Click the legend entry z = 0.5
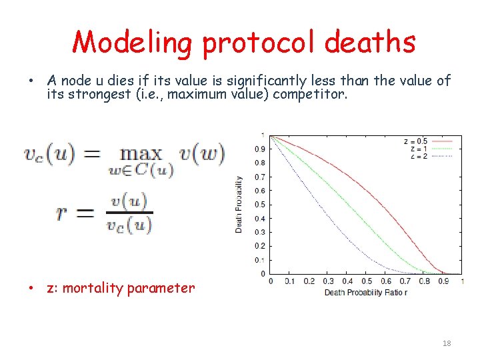(415, 141)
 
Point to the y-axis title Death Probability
(239, 204)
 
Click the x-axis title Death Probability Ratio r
(366, 292)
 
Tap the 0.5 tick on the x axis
(366, 281)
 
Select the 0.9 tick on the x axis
(443, 281)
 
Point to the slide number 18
(447, 343)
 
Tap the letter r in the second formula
(61, 213)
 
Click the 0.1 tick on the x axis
(289, 281)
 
